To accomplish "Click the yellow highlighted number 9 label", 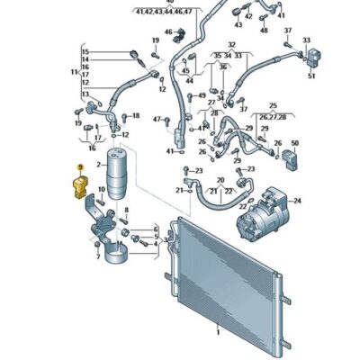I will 80,168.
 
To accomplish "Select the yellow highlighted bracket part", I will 80,185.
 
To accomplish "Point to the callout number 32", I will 231,43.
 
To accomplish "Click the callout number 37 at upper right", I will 288,31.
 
